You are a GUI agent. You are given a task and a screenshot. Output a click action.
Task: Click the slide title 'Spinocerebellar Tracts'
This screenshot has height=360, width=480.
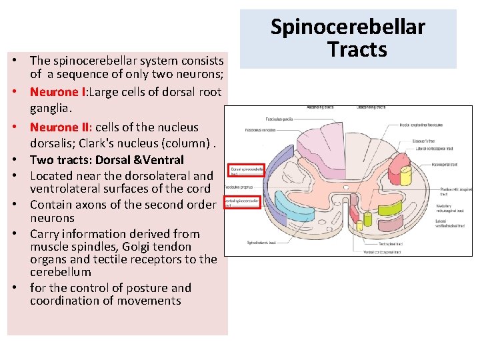click(x=347, y=38)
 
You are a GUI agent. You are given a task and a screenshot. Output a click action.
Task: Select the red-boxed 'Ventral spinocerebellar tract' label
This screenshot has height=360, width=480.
click(x=242, y=203)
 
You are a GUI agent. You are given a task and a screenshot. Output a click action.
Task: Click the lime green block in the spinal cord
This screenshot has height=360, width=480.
click(x=389, y=176)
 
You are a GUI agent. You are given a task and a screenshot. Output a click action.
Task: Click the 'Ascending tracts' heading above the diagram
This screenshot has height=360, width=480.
click(x=322, y=107)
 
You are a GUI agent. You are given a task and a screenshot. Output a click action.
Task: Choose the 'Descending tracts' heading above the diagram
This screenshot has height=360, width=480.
click(x=371, y=107)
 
